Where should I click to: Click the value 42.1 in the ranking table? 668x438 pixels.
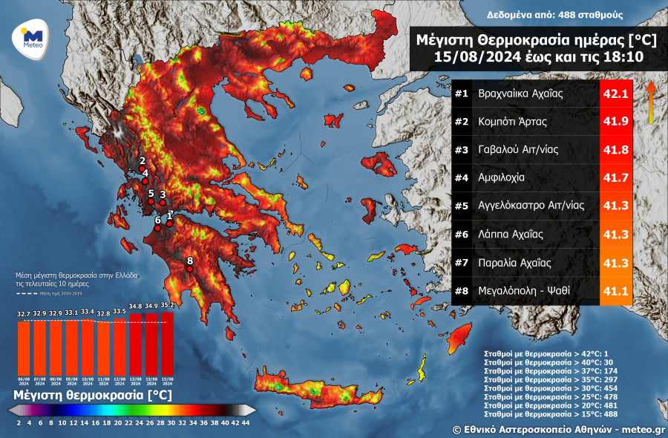(616, 94)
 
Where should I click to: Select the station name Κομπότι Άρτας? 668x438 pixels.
(512, 122)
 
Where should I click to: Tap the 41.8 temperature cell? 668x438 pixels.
(616, 150)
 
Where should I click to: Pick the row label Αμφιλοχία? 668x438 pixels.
(502, 178)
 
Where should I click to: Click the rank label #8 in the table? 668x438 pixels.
(462, 290)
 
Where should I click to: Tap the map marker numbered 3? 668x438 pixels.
(163, 203)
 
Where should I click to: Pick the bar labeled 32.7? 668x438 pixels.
(24, 345)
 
